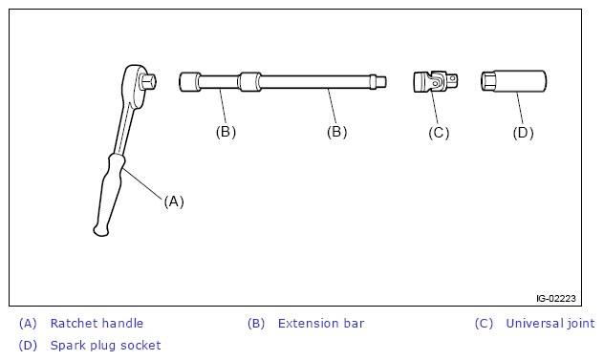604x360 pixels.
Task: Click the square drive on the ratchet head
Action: (x=148, y=81)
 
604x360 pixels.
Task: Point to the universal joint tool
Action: (x=436, y=81)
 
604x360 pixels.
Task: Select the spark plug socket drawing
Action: (x=513, y=81)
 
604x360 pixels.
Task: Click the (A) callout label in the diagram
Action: (x=174, y=201)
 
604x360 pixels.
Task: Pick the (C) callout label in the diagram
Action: (x=439, y=133)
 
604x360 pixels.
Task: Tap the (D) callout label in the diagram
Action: (x=523, y=133)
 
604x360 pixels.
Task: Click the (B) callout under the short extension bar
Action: (x=226, y=132)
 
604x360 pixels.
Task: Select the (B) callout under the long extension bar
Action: (x=336, y=132)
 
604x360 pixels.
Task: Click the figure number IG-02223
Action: (x=556, y=298)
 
